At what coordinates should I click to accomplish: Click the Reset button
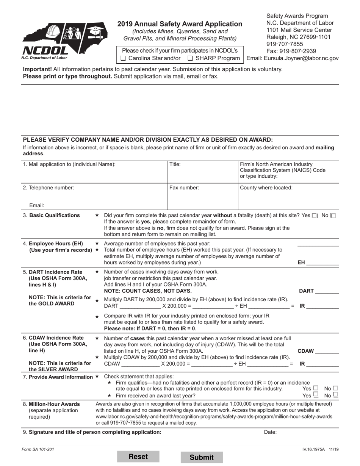tap(138, 457)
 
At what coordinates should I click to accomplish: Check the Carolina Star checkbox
tap(123, 58)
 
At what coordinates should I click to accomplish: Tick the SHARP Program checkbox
tap(190, 58)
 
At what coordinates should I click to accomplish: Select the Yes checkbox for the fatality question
tap(315, 216)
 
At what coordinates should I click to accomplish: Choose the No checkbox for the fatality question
tap(333, 216)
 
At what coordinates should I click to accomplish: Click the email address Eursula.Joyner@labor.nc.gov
tap(292, 58)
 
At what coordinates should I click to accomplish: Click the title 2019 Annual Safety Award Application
tap(180, 24)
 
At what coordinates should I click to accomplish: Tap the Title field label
tap(175, 164)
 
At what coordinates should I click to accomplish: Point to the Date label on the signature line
tap(270, 432)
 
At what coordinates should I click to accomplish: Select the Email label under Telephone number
tap(37, 205)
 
